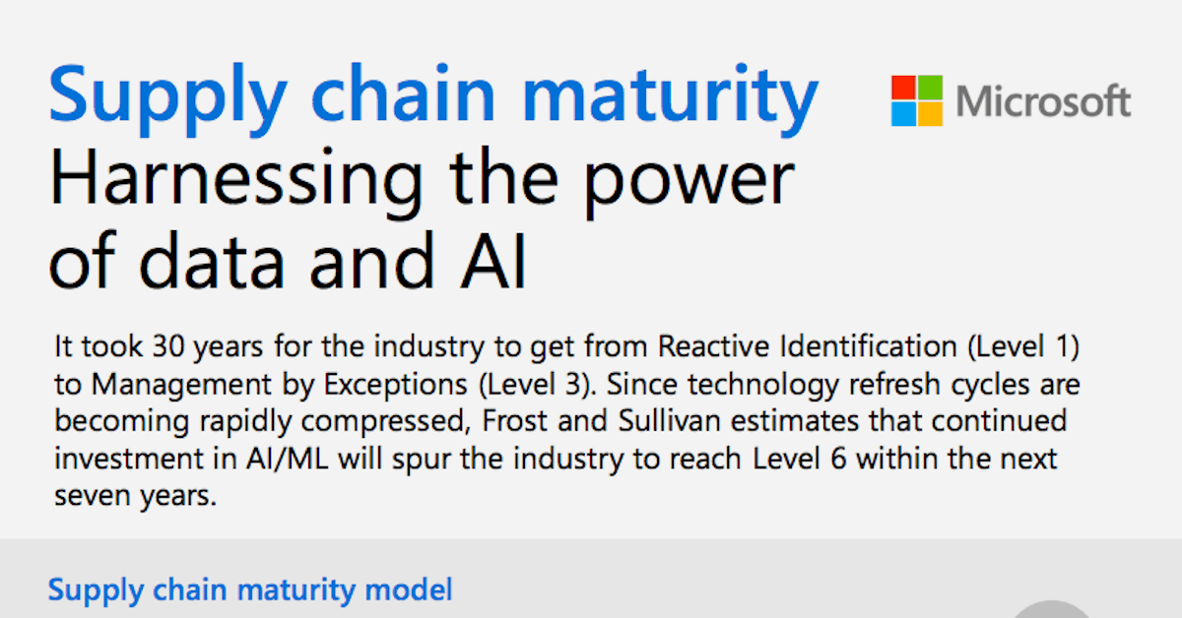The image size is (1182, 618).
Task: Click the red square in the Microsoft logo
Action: (x=903, y=88)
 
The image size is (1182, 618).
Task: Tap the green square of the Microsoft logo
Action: (x=930, y=88)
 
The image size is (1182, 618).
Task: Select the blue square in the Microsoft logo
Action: (x=903, y=114)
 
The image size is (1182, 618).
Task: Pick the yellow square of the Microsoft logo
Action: (x=930, y=114)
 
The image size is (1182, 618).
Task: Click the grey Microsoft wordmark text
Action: (x=1043, y=100)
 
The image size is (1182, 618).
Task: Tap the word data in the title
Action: (x=212, y=261)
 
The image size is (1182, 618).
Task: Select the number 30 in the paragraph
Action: (x=168, y=346)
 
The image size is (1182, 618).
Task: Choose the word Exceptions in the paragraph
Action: (x=395, y=385)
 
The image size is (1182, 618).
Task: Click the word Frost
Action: (x=514, y=421)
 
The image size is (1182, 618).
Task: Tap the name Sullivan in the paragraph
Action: (x=669, y=421)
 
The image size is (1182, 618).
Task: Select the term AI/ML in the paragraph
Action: (x=287, y=459)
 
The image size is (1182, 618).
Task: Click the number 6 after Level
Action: (x=838, y=459)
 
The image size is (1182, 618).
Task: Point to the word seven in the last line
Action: (x=92, y=497)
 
